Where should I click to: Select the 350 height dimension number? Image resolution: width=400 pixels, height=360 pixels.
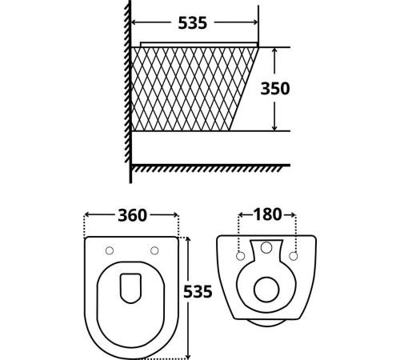[274, 89]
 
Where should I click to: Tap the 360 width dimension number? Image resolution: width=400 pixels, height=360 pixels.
[132, 215]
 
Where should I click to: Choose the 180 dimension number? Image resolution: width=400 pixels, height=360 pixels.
[267, 214]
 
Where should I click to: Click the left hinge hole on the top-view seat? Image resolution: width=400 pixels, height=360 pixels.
[110, 250]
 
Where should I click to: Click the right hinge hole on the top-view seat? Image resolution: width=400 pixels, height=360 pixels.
[154, 250]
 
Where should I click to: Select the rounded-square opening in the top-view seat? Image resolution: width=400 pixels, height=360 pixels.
[131, 290]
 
